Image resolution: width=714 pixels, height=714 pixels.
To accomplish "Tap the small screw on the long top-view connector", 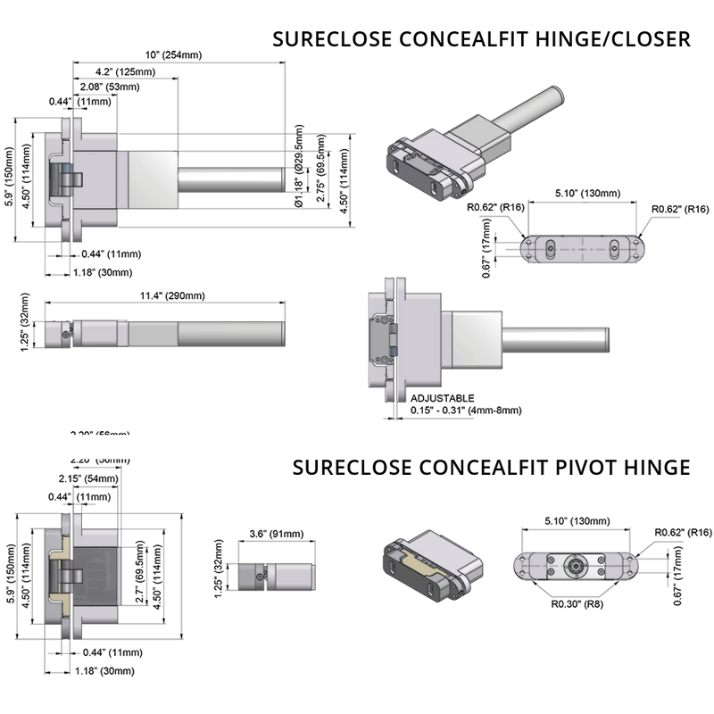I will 66,334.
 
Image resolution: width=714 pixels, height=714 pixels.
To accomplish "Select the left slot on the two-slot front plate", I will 552,249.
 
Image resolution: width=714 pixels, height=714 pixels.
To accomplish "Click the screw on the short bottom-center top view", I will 259,577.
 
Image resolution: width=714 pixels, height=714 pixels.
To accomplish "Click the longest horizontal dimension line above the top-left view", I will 178,62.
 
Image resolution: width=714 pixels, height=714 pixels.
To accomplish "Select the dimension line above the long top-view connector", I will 165,301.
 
